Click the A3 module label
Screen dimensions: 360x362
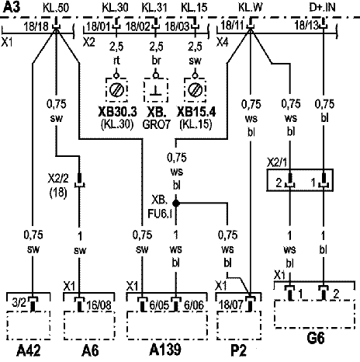[x=12, y=7]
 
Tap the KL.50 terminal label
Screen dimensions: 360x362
[x=56, y=8]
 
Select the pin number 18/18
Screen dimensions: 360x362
[x=36, y=26]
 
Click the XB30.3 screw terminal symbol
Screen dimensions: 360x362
[x=116, y=90]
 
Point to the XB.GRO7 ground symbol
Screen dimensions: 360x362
[x=156, y=90]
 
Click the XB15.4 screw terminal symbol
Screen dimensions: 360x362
[x=195, y=90]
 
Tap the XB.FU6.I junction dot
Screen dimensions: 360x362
[x=176, y=204]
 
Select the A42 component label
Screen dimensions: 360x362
[x=29, y=351]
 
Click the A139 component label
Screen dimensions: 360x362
[x=165, y=350]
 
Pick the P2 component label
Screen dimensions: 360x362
[x=238, y=351]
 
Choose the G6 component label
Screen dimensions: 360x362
[x=316, y=338]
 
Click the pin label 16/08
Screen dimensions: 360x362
[x=99, y=305]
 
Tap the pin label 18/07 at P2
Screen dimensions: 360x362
[x=231, y=305]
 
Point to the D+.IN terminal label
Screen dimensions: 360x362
[x=322, y=7]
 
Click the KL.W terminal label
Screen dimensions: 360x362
[x=250, y=8]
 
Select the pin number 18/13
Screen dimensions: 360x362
[x=306, y=25]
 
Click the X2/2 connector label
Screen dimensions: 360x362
[x=58, y=179]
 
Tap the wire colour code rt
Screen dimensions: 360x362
[x=116, y=61]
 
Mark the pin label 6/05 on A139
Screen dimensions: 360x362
[x=159, y=305]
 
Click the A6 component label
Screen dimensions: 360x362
[x=90, y=351]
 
